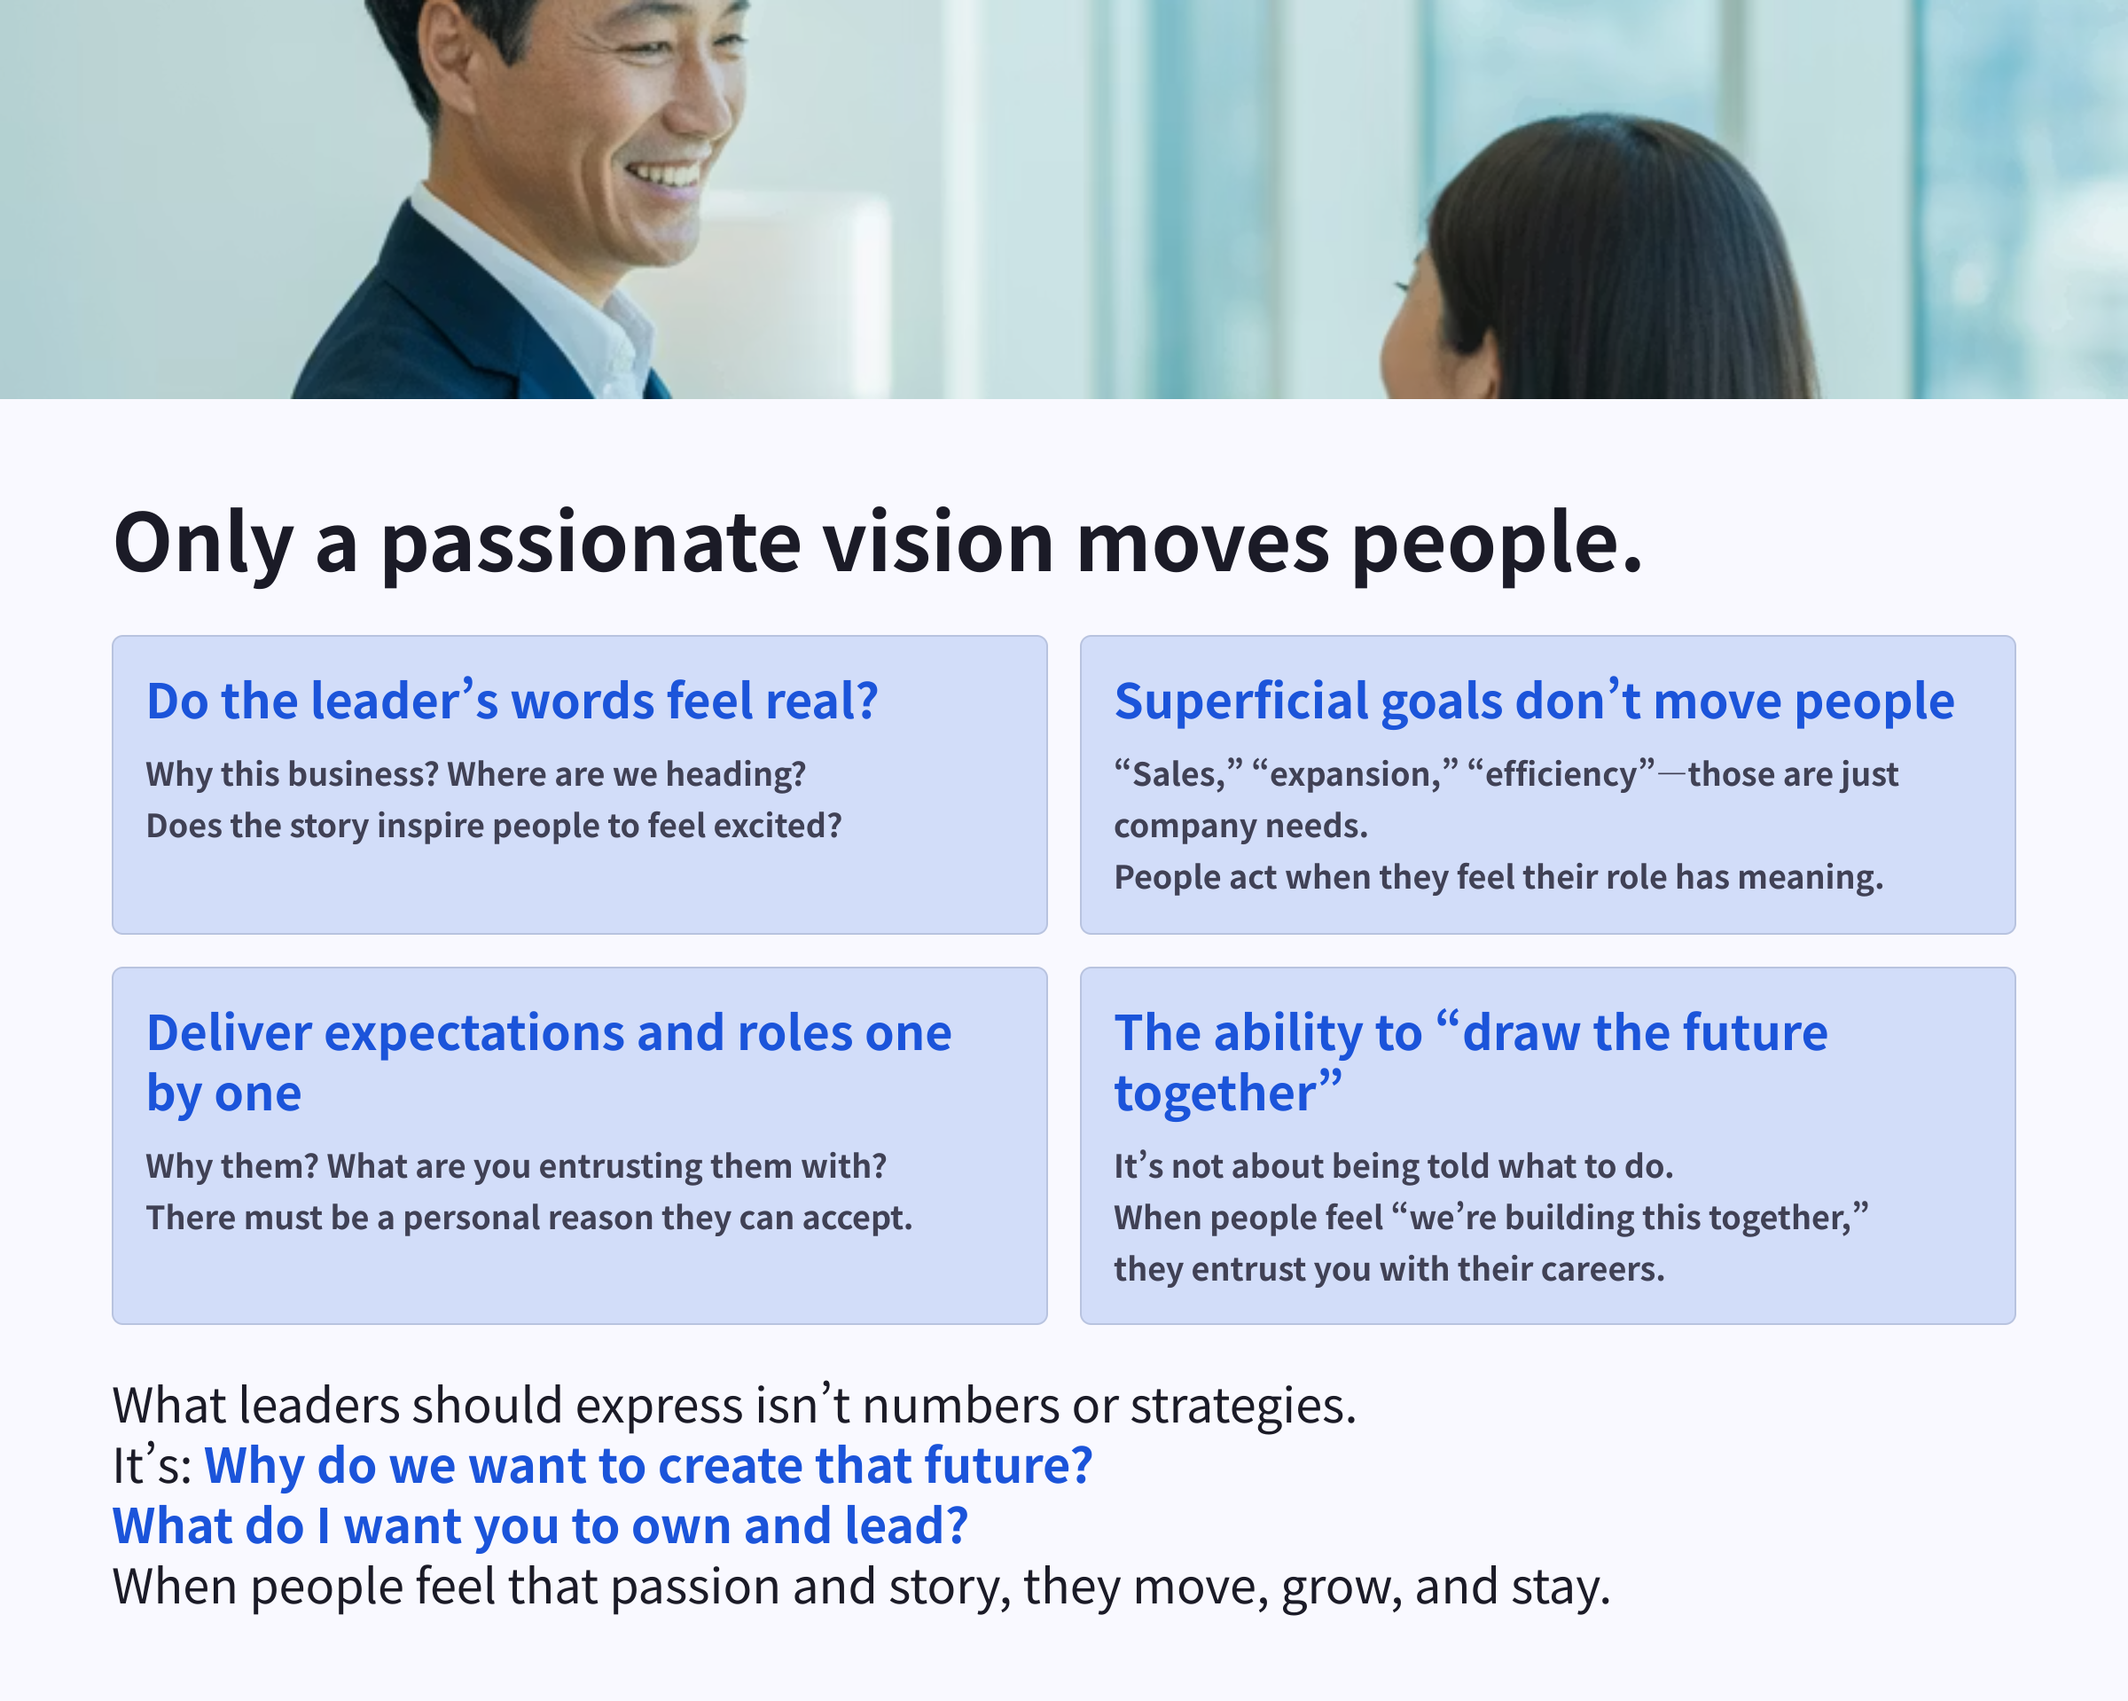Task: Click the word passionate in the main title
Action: (591, 544)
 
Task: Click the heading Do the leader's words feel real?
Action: (512, 701)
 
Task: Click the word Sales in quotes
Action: (1177, 775)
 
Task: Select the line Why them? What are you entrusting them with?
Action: (515, 1167)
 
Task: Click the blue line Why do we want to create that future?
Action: (647, 1466)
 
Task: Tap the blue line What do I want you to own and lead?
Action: (540, 1526)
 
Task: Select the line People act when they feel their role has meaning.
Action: (1498, 878)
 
